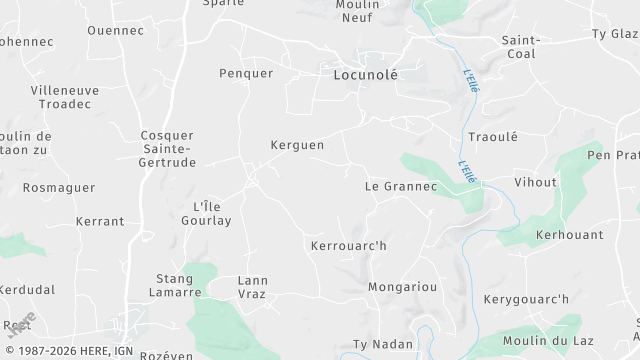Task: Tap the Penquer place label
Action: tap(245, 73)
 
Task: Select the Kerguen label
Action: tap(297, 145)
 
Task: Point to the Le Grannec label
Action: tap(400, 186)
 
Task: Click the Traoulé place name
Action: tap(492, 137)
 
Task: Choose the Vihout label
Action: tap(535, 183)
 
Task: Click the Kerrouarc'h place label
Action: tap(348, 245)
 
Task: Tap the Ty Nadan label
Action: tap(382, 344)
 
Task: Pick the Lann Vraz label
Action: tap(252, 287)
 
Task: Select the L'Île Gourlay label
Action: tap(212, 213)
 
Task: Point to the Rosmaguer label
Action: tap(58, 187)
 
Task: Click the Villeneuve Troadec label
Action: tap(65, 96)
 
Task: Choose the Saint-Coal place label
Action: tap(521, 47)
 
